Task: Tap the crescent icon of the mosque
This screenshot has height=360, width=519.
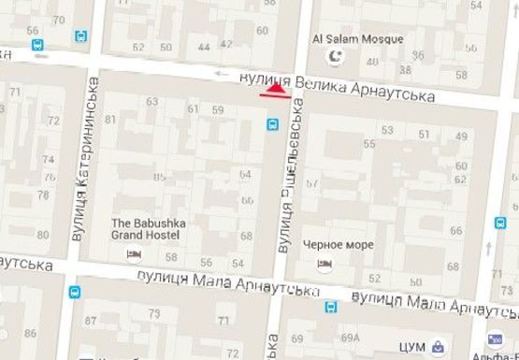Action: click(x=329, y=58)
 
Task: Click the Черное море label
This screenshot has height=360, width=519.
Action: click(x=339, y=245)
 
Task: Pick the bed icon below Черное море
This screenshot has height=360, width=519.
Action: click(x=324, y=265)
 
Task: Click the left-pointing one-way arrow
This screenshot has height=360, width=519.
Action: click(x=221, y=74)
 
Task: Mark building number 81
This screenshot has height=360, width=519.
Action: click(x=111, y=119)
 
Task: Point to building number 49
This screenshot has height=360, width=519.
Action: click(x=460, y=137)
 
